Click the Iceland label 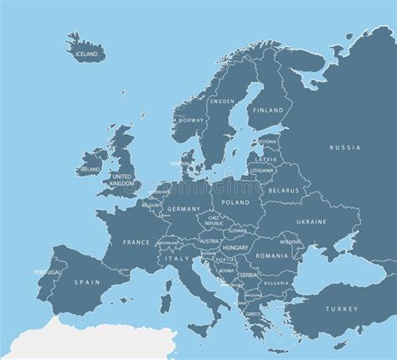(x=87, y=54)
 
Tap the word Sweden (x=221, y=101)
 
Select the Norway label (x=191, y=120)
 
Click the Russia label (x=345, y=147)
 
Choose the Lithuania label (x=262, y=170)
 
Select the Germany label (x=183, y=208)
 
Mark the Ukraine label (x=311, y=222)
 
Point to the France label (x=137, y=242)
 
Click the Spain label (x=86, y=282)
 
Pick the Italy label (x=178, y=260)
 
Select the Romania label (x=273, y=255)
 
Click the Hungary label (x=234, y=249)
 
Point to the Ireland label (x=89, y=169)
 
